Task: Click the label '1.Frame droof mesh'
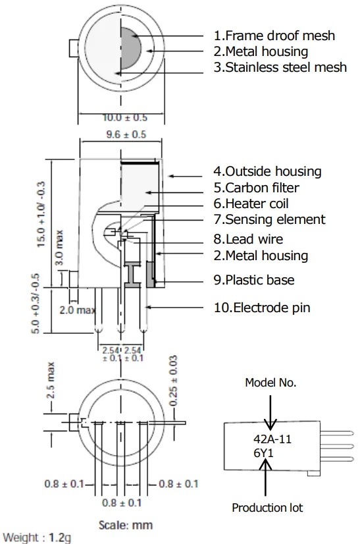pos(274,36)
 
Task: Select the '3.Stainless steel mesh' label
pos(280,67)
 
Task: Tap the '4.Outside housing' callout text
pos(267,171)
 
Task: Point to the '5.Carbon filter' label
pos(256,188)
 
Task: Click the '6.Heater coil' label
pos(251,204)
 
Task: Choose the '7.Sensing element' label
pos(269,219)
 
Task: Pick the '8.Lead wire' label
pos(248,239)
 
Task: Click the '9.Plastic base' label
pos(254,280)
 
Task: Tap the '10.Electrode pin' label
pos(262,308)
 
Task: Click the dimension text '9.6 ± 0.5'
pos(126,134)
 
